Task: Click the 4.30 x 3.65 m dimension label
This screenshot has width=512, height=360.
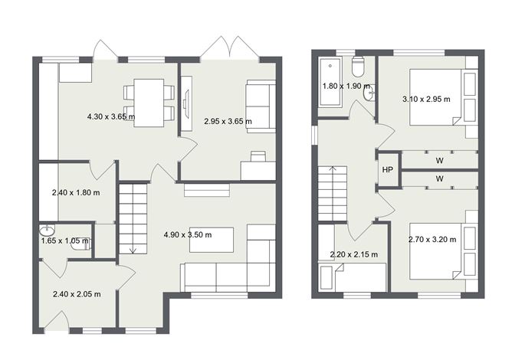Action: (x=110, y=117)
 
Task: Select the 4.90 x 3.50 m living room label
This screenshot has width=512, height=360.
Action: (x=187, y=234)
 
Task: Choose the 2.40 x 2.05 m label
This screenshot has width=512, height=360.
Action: (x=76, y=293)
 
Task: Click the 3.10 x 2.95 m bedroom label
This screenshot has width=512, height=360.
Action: (x=426, y=98)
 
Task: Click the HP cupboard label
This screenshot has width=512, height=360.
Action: (x=388, y=169)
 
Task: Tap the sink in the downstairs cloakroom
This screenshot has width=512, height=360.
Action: (x=48, y=230)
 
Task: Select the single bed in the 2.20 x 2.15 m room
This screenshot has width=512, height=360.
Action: (x=353, y=276)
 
